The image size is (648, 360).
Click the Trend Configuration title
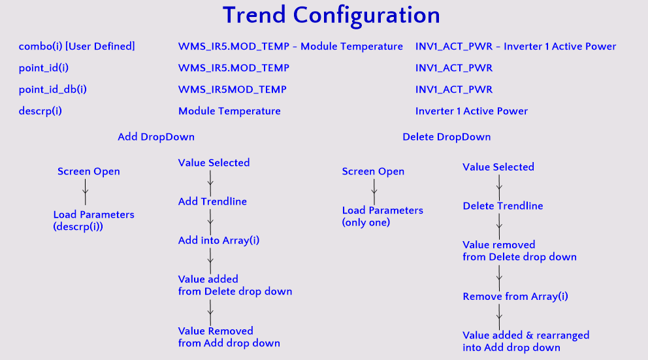click(x=331, y=16)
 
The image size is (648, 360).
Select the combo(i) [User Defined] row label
click(x=77, y=46)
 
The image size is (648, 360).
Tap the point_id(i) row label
click(x=43, y=68)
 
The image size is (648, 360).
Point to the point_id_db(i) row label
click(x=52, y=90)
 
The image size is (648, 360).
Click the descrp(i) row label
click(x=40, y=111)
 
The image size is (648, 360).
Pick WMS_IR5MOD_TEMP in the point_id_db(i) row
click(x=233, y=90)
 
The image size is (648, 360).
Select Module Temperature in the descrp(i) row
click(x=229, y=111)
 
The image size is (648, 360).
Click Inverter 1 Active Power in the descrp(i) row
click(x=472, y=111)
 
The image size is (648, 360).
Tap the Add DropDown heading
click(x=156, y=137)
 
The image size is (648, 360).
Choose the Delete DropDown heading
click(x=447, y=137)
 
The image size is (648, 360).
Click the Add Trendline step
click(x=212, y=201)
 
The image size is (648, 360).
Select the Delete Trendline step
click(x=503, y=206)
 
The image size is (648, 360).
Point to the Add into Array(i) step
click(x=219, y=240)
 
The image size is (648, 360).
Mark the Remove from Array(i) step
click(x=515, y=297)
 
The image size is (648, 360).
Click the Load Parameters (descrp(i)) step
click(x=94, y=220)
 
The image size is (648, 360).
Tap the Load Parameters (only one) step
click(x=383, y=216)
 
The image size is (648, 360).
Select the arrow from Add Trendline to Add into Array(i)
click(x=210, y=222)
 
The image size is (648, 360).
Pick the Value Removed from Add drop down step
click(x=229, y=337)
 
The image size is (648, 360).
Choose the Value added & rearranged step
click(x=526, y=342)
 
